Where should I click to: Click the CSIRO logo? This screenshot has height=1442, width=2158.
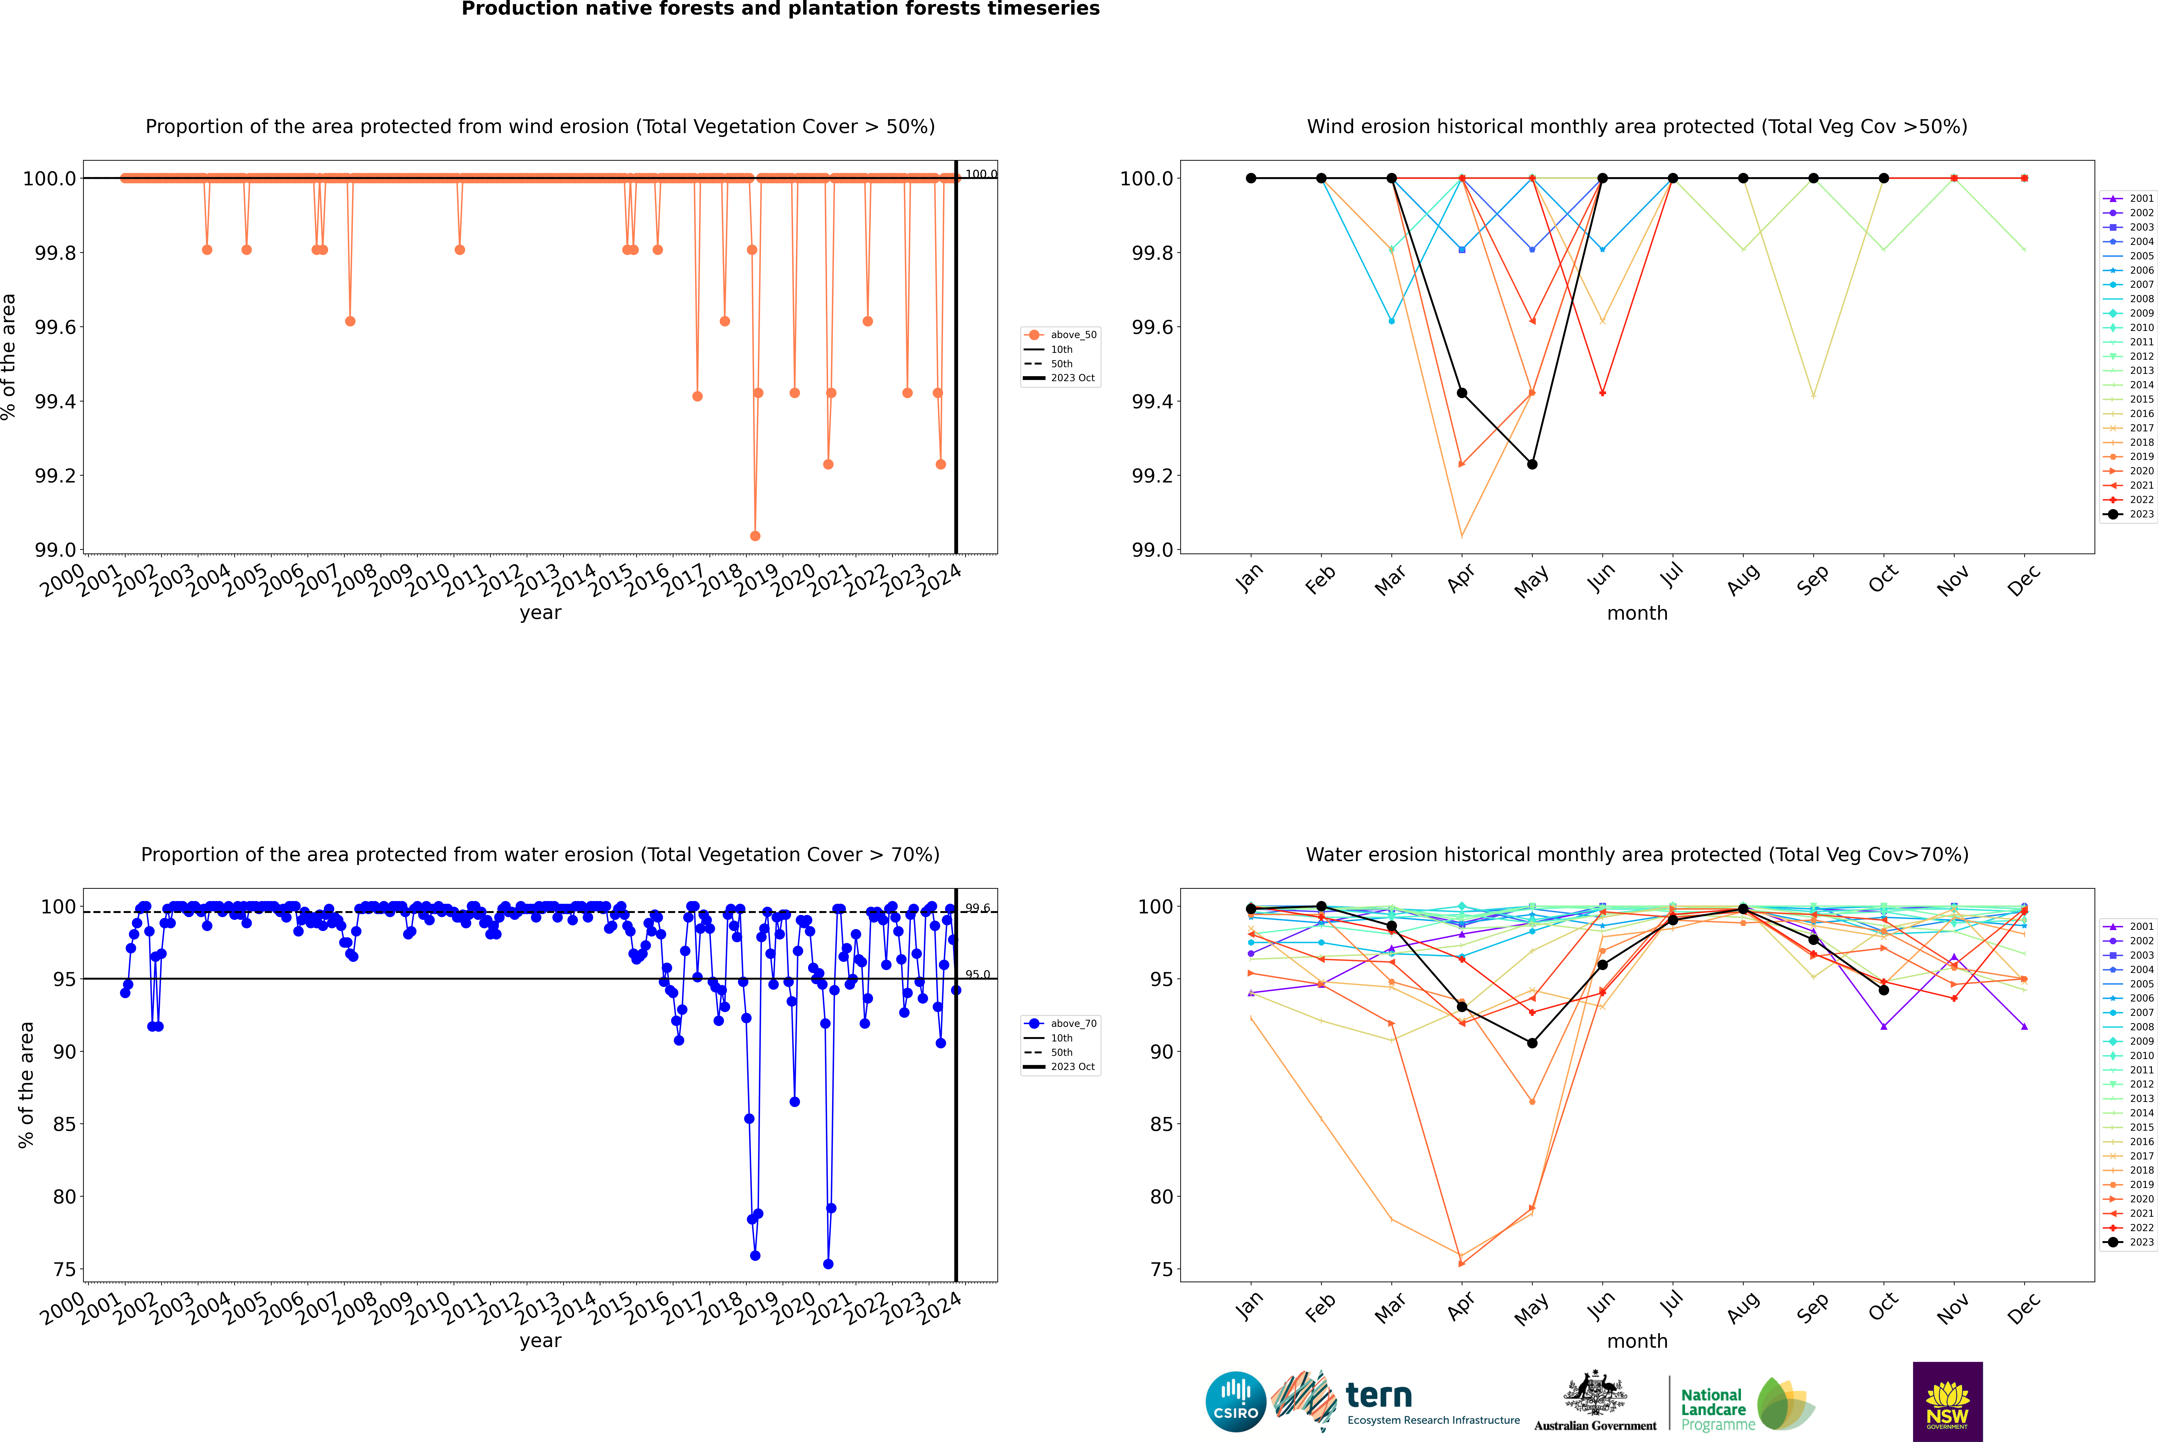[1235, 1402]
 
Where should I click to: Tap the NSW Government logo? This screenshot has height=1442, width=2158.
[1947, 1402]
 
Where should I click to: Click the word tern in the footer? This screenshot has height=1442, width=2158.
[1378, 1396]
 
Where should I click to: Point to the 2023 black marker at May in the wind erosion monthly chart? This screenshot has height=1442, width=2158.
[1532, 464]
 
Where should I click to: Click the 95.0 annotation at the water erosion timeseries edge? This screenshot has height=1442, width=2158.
[977, 975]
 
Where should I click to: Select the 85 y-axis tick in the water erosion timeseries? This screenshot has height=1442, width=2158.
[64, 1124]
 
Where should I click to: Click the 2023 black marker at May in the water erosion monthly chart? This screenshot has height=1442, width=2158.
[1532, 1043]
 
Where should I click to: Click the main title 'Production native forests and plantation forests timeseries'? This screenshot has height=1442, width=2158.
[780, 9]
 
